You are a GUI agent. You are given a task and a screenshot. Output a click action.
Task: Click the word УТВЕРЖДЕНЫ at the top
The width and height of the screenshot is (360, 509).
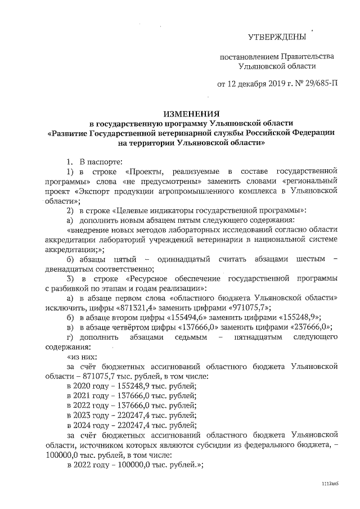277,37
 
